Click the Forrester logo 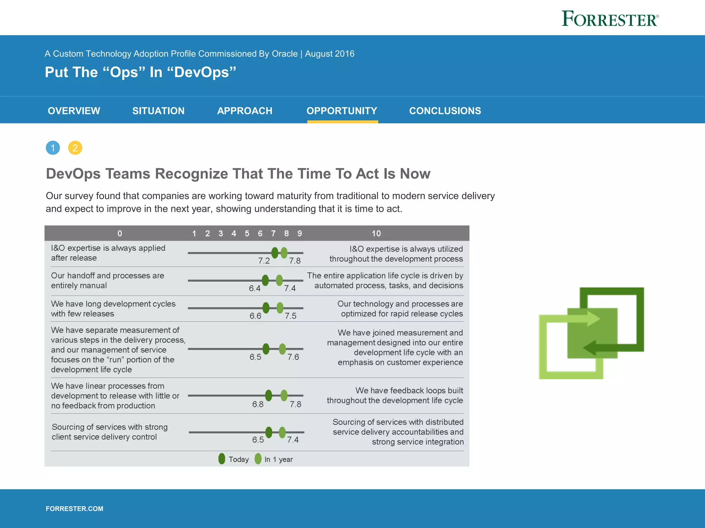coord(610,19)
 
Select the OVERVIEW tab coord(74,111)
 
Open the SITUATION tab coord(158,111)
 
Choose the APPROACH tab coord(245,111)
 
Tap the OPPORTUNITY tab coord(342,111)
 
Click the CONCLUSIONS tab coord(445,111)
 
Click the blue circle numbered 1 coord(53,148)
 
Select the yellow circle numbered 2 coord(75,148)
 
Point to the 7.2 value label coord(264,261)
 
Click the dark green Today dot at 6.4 coord(265,280)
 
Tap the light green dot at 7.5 coord(280,308)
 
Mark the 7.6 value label coord(293,357)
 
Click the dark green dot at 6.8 coord(269,395)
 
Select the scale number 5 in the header coord(247,234)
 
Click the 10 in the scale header coord(376,234)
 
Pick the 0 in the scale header coord(120,234)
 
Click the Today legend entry coord(234,459)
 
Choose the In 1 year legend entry coord(274,459)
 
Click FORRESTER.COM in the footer coord(74,509)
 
